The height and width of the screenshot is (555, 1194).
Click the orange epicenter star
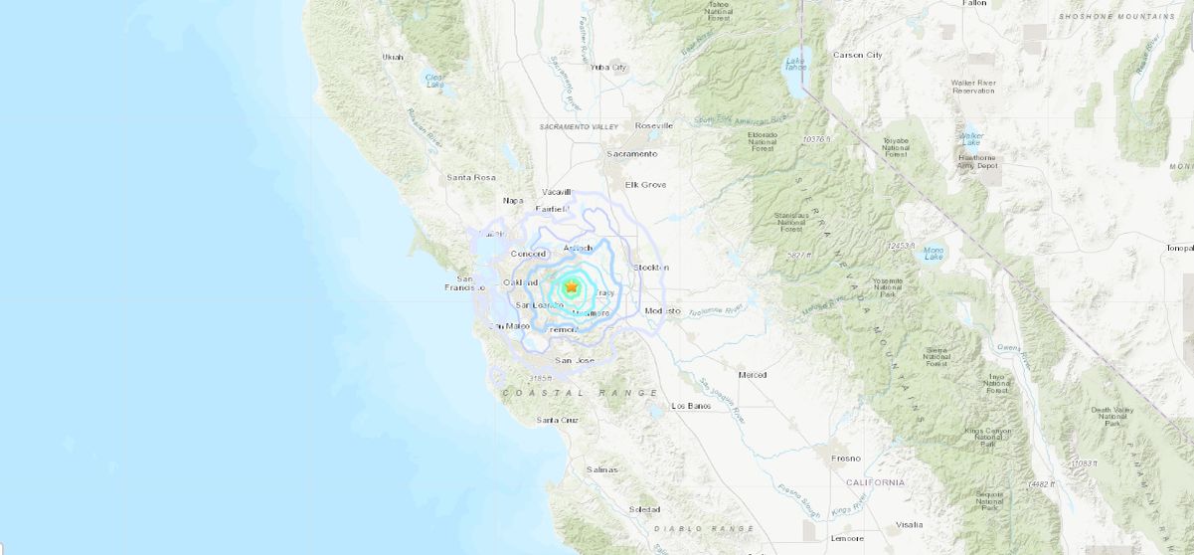(x=572, y=287)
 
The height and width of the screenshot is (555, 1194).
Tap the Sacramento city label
(x=633, y=154)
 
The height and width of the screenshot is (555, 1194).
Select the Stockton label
(x=651, y=268)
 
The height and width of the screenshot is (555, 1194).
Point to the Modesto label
(x=663, y=311)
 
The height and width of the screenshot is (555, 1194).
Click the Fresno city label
(x=846, y=459)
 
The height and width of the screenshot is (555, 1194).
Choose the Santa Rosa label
(x=470, y=178)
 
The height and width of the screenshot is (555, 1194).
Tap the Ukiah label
(x=393, y=57)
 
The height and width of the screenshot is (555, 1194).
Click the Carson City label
(x=857, y=55)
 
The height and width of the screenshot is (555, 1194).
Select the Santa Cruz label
(x=558, y=421)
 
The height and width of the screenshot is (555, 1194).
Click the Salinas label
(x=601, y=469)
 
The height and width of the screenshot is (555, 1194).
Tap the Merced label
(x=753, y=375)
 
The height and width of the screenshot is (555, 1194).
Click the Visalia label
(x=909, y=524)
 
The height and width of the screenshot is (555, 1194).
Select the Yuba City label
(x=609, y=68)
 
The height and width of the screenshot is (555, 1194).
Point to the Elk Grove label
(x=645, y=185)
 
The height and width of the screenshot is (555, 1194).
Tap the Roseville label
(x=654, y=125)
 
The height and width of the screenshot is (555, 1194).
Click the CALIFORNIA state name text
(x=876, y=482)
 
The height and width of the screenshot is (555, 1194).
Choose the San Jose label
(x=575, y=360)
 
